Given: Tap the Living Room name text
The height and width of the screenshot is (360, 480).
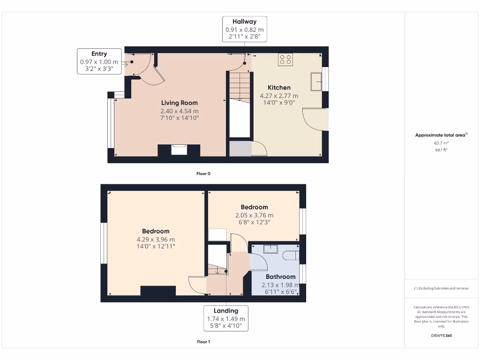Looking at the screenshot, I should pos(180,103).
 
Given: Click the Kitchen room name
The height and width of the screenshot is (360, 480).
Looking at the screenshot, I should pos(279,88).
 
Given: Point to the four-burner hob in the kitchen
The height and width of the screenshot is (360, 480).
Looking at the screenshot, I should pos(285,60).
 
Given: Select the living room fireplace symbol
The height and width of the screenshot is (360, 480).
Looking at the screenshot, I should pos(179,150).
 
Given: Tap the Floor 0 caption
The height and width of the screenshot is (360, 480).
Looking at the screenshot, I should pos(203,173).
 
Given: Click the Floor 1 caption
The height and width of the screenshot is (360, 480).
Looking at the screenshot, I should pos(203,342).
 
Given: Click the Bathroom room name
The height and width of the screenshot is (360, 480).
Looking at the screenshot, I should pos(281,277).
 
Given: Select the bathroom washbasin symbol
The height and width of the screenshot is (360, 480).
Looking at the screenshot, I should pos(270,249).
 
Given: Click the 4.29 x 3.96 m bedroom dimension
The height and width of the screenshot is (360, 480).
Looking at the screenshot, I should pos(156,240).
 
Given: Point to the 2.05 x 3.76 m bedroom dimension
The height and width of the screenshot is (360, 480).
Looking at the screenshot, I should pos(254,216).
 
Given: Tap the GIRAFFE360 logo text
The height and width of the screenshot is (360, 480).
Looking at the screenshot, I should pos(441,336).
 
